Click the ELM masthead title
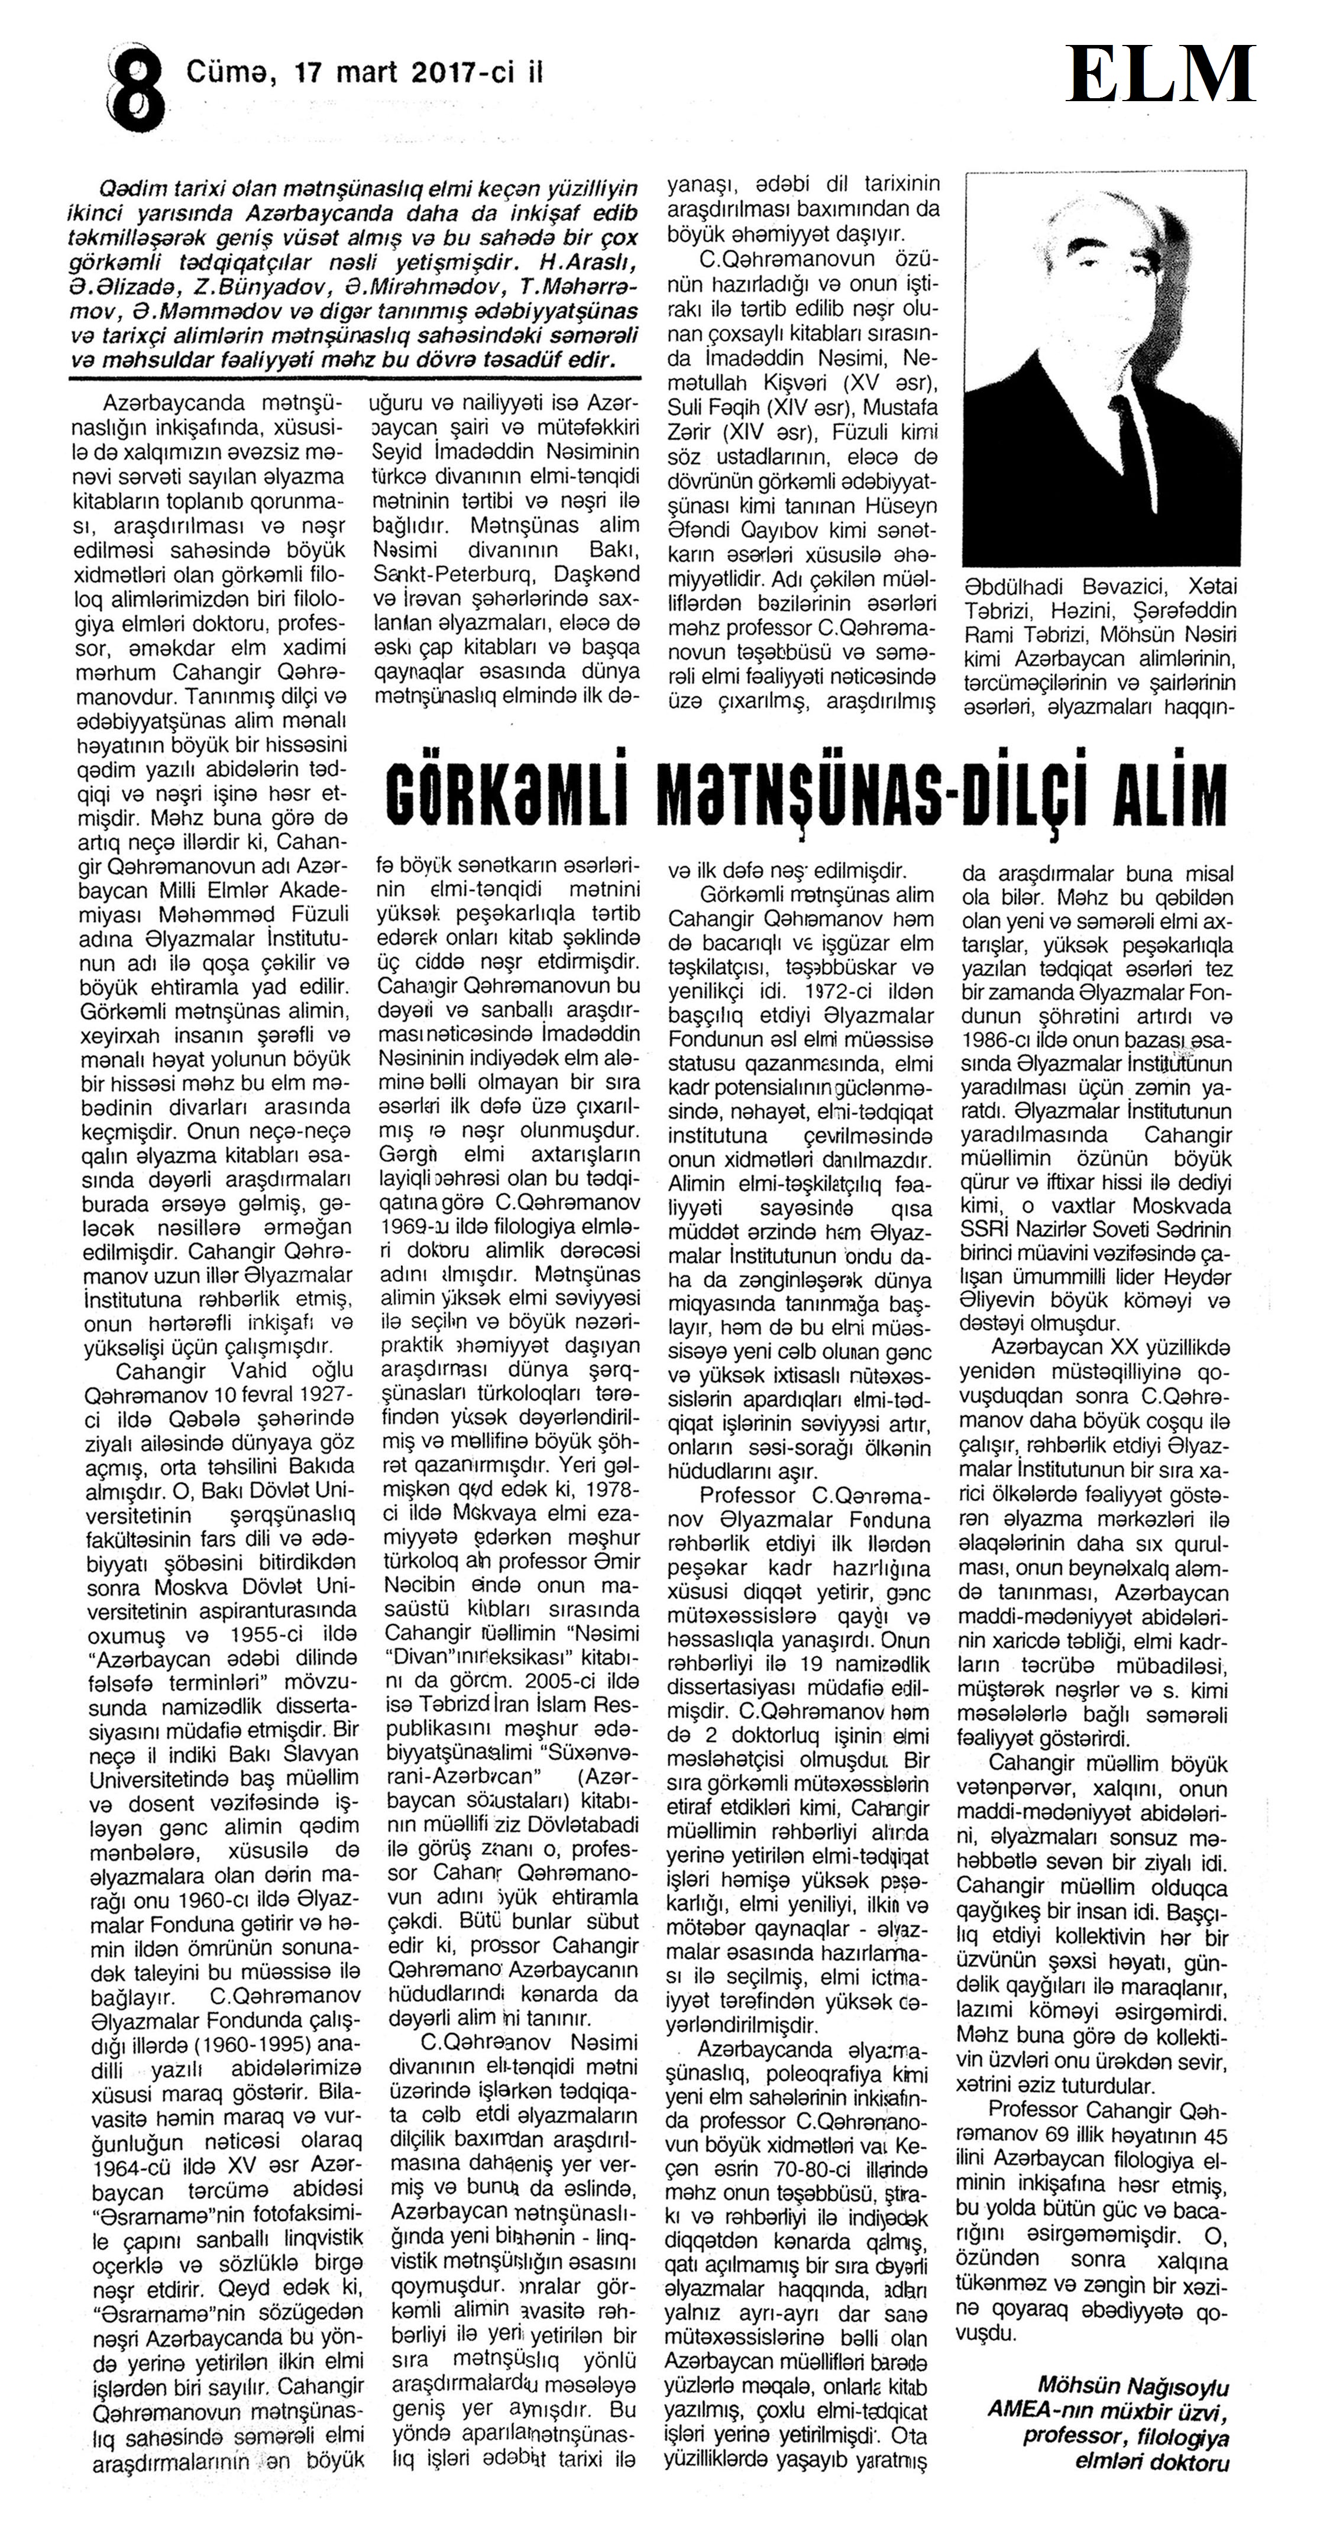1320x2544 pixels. pos(1160,74)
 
